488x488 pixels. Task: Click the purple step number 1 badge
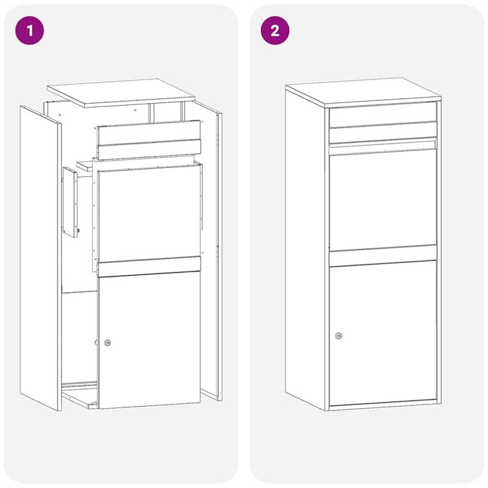[x=29, y=30]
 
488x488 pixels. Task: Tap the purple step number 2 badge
[x=274, y=30]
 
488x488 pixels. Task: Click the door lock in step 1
[x=107, y=342]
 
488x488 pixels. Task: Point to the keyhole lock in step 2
[x=338, y=335]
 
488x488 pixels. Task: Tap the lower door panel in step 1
[x=149, y=339]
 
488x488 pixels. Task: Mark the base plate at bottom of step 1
[x=80, y=394]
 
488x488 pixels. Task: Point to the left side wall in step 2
[x=305, y=251]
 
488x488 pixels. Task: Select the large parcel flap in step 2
[x=383, y=200]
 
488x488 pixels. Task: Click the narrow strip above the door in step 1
[x=149, y=266]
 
